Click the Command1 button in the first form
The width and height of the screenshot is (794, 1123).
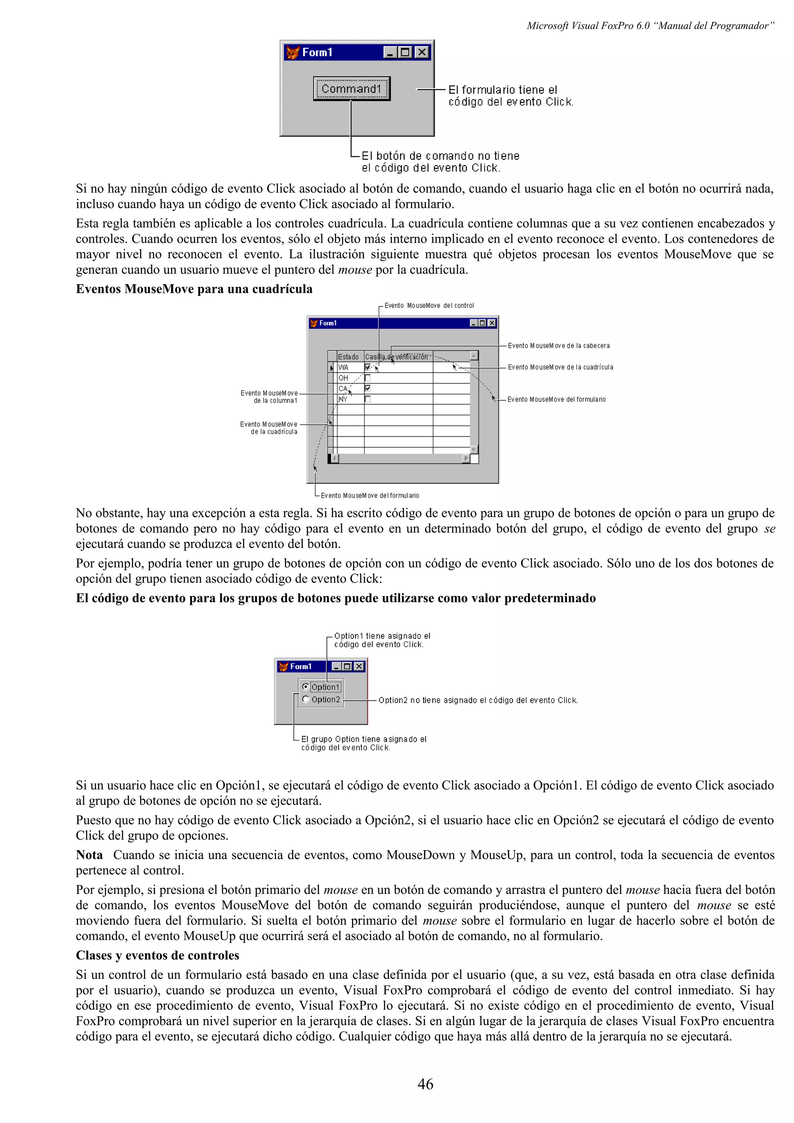tap(351, 88)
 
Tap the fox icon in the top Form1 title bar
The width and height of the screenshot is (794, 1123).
tap(293, 52)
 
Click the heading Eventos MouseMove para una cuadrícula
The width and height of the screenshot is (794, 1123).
tap(194, 289)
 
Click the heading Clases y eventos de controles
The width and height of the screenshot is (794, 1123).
tap(157, 955)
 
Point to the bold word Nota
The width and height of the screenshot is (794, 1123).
tap(90, 855)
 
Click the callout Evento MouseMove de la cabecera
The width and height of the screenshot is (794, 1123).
tap(558, 346)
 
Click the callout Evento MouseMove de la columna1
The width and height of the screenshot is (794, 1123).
tap(269, 397)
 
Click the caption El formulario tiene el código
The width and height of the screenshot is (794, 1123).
tap(510, 96)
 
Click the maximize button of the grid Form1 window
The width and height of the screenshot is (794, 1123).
tap(482, 323)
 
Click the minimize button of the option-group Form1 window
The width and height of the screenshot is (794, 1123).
tap(336, 666)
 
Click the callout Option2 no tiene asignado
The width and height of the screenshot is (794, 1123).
tap(478, 700)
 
